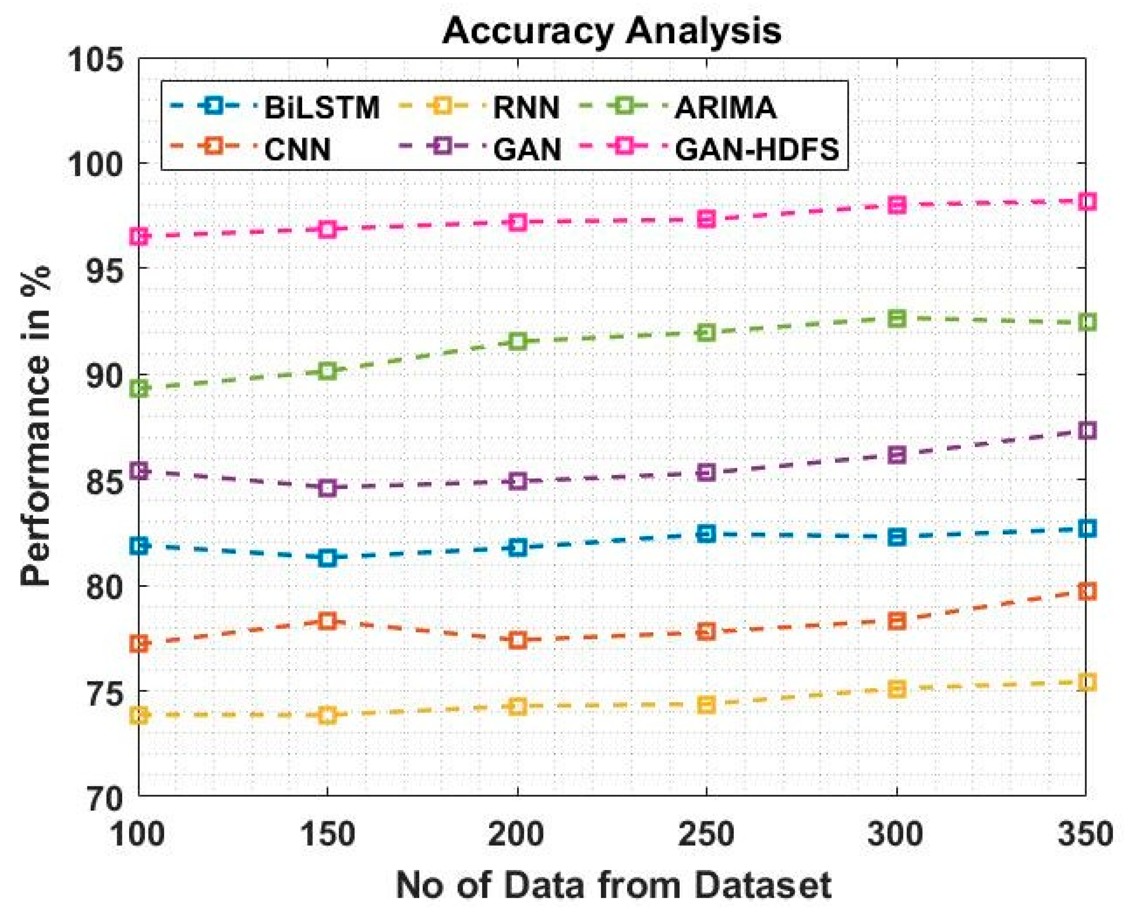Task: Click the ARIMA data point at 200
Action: [518, 342]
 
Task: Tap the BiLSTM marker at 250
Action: [707, 534]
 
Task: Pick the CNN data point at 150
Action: [327, 621]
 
